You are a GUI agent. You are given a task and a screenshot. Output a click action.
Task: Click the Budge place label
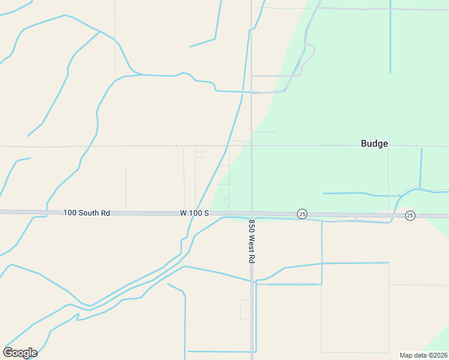(x=374, y=144)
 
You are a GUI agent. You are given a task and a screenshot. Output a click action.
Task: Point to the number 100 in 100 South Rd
(x=70, y=213)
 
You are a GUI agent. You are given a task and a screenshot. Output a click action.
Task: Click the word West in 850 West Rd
(x=252, y=242)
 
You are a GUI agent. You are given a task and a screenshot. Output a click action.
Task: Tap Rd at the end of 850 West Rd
(x=252, y=259)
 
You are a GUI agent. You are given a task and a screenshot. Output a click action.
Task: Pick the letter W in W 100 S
(x=183, y=213)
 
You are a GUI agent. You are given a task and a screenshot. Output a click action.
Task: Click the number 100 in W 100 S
(x=196, y=213)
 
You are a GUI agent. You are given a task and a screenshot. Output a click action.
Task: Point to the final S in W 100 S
(x=206, y=213)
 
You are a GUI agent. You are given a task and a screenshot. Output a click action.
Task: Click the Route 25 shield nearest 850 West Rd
(x=302, y=214)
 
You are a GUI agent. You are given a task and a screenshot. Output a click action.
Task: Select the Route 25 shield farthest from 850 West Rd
(x=409, y=215)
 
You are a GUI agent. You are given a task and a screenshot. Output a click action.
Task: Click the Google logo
(x=20, y=352)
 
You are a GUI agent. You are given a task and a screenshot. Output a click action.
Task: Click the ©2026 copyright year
(x=438, y=355)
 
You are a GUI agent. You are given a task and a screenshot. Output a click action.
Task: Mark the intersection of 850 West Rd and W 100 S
(x=252, y=214)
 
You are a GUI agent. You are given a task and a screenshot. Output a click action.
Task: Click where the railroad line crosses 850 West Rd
(x=252, y=146)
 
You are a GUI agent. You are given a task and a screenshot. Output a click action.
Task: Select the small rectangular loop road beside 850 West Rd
(x=245, y=310)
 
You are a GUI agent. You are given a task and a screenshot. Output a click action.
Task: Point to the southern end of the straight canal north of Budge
(x=390, y=73)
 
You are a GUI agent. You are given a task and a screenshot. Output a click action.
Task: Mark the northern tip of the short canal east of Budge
(x=422, y=149)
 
